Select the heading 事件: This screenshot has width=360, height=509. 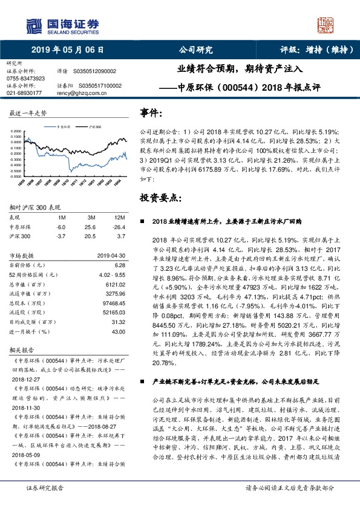tap(151, 113)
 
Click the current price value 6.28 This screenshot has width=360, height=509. tap(119, 265)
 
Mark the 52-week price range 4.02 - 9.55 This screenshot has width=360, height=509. tap(111, 274)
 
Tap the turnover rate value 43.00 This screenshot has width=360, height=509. tap(118, 332)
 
